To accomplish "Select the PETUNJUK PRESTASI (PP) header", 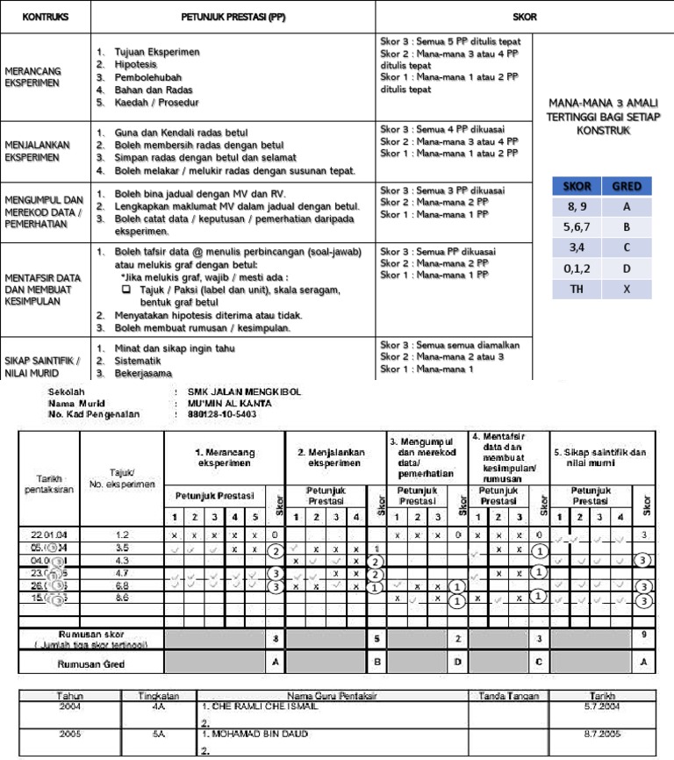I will tap(233, 17).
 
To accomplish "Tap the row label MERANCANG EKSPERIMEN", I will tap(32, 76).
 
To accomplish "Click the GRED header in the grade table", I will tap(626, 186).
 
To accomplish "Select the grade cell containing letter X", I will tap(626, 286).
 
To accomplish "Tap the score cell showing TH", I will tap(576, 286).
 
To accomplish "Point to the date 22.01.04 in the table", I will tap(49, 534).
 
